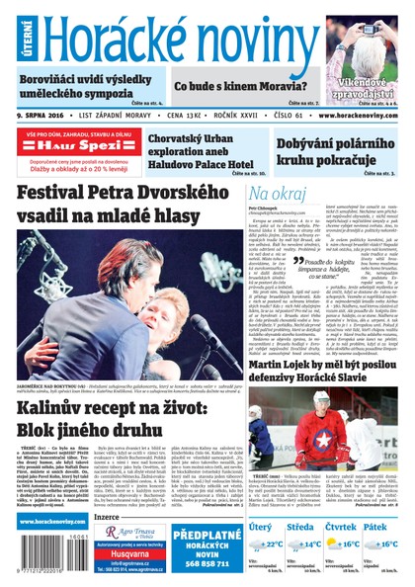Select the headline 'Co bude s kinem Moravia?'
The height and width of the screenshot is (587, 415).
tap(229, 86)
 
